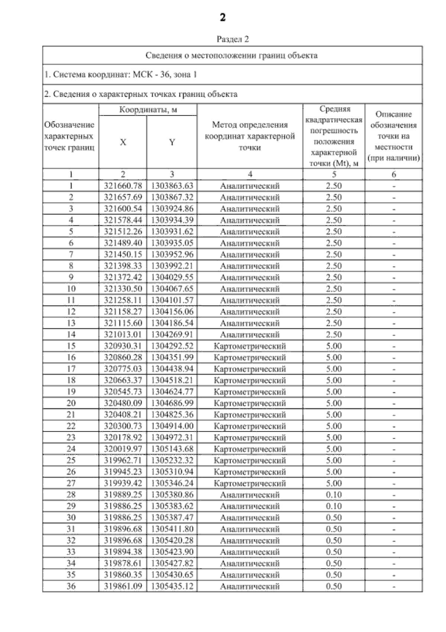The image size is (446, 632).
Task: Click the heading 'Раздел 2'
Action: (x=233, y=39)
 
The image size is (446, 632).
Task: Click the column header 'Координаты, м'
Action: (x=148, y=110)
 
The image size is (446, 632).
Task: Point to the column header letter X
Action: (x=123, y=142)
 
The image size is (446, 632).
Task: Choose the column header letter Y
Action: (x=172, y=142)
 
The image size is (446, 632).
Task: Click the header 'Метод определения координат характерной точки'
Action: (x=250, y=136)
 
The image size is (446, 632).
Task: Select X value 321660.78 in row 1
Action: (x=123, y=186)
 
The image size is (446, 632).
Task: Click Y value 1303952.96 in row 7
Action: (x=172, y=255)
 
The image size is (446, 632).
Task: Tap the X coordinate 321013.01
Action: (x=123, y=335)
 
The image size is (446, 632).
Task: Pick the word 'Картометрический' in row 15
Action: (x=250, y=346)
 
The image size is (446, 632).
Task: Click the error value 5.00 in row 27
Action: (x=334, y=483)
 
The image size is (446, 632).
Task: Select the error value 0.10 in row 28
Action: (x=334, y=495)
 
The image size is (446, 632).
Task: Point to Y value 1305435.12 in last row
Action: (x=172, y=586)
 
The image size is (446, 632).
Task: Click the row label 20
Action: (x=71, y=403)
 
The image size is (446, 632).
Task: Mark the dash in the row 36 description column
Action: (x=394, y=587)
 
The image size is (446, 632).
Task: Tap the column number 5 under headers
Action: (x=334, y=174)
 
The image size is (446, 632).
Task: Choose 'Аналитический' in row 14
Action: (x=250, y=335)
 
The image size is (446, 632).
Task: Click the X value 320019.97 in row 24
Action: (x=123, y=449)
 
